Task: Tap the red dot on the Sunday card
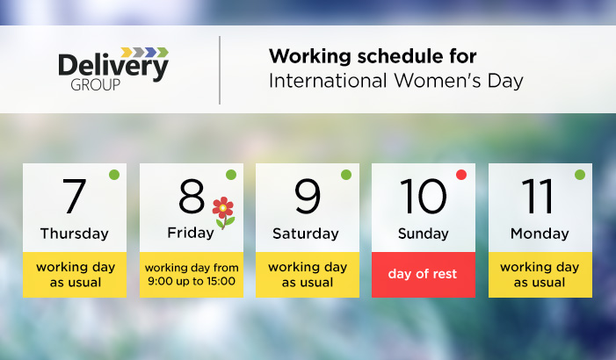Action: (461, 175)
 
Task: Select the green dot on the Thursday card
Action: (114, 175)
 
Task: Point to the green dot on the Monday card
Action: (580, 175)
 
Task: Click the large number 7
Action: (74, 196)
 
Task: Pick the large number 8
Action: (192, 196)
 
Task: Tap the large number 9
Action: (308, 196)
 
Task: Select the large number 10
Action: (423, 196)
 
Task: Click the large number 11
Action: (538, 196)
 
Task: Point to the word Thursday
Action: (75, 234)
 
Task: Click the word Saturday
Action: (306, 234)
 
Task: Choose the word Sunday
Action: (423, 234)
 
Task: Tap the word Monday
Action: (540, 234)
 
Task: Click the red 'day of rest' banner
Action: (424, 275)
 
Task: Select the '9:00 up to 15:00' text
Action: (192, 281)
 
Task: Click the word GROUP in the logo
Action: (96, 85)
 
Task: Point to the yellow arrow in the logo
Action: (127, 52)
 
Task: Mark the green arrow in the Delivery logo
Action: (163, 52)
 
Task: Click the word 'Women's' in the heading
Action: (438, 81)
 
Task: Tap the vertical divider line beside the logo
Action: (220, 70)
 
